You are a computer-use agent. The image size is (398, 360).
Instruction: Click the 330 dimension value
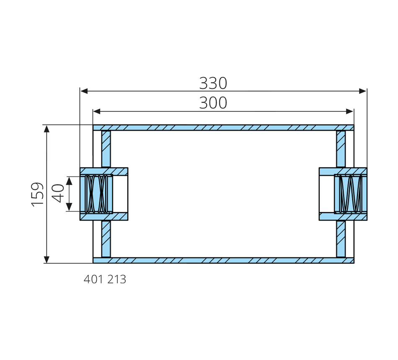[213, 83]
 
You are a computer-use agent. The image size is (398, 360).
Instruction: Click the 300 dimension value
[213, 103]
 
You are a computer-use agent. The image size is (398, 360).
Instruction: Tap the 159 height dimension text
[37, 194]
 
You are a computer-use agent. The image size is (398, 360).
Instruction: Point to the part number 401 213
[105, 280]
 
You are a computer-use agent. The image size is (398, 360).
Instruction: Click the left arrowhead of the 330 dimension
[84, 91]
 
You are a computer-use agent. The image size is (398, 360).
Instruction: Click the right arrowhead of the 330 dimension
[363, 91]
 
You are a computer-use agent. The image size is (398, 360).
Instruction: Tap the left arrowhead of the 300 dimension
[97, 111]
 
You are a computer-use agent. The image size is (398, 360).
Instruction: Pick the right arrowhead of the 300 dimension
[350, 111]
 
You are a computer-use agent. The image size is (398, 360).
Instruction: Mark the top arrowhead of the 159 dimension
[47, 129]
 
